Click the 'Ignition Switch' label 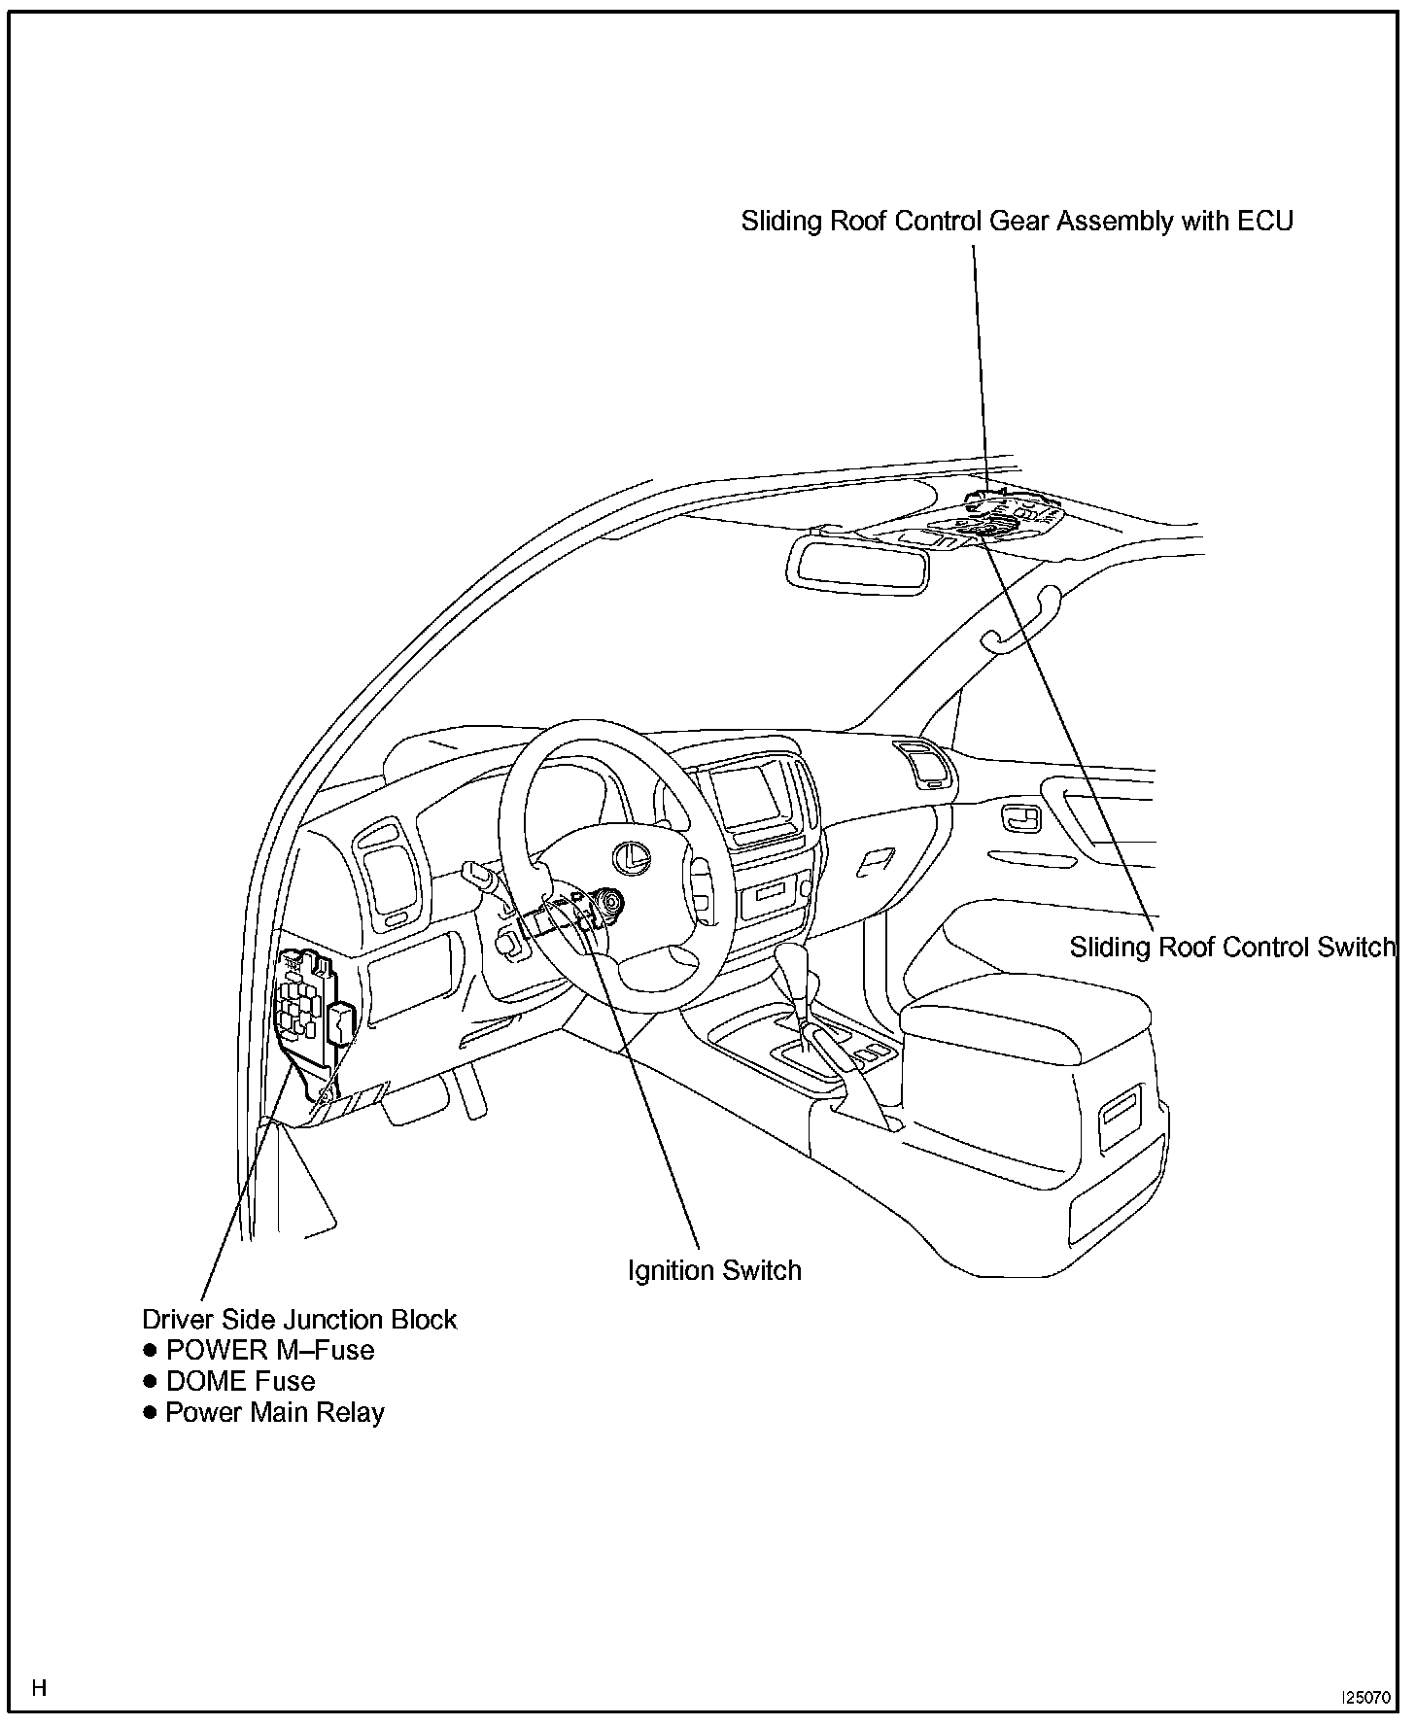click(x=714, y=1270)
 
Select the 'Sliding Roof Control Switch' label click(x=1231, y=947)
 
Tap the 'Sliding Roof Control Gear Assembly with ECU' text click(x=1017, y=222)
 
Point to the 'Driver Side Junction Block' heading click(x=299, y=1319)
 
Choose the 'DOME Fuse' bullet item click(x=240, y=1381)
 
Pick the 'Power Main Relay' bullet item click(x=275, y=1412)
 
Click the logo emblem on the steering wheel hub click(x=634, y=855)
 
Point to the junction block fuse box click(x=307, y=1001)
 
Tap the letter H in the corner click(x=39, y=1687)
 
